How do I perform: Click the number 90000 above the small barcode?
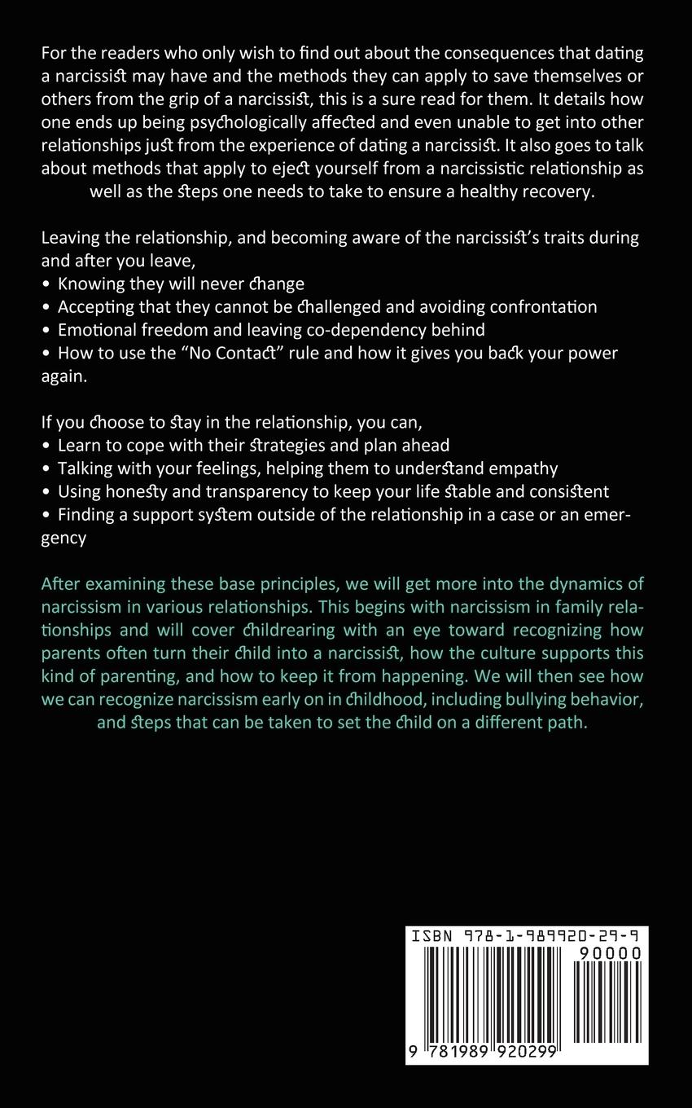pos(611,952)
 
